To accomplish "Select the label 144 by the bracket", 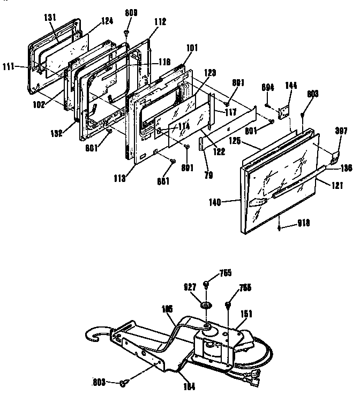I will (291, 86).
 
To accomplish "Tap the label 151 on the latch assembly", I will (247, 315).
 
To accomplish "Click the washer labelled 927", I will (204, 305).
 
